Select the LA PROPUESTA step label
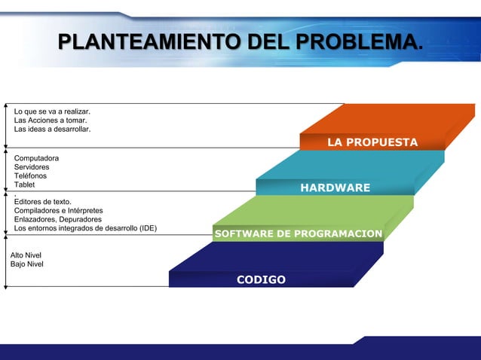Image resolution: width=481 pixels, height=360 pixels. click(x=372, y=142)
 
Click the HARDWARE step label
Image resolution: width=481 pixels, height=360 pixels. click(x=335, y=188)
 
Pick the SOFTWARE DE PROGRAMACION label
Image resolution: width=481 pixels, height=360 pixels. click(x=298, y=234)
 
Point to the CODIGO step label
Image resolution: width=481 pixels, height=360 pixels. click(x=261, y=279)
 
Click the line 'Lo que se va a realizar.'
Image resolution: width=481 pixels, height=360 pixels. click(x=52, y=111)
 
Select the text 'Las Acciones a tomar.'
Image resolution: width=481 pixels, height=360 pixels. click(x=50, y=121)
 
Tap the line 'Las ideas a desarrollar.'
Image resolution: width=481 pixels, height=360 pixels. click(x=52, y=130)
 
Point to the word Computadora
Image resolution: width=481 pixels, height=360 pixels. click(x=36, y=158)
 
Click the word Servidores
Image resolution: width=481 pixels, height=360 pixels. click(x=32, y=167)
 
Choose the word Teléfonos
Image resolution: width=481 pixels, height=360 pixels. click(x=31, y=175)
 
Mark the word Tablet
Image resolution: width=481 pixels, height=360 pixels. click(x=24, y=185)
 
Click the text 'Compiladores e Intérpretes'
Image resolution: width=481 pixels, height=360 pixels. click(x=59, y=210)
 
